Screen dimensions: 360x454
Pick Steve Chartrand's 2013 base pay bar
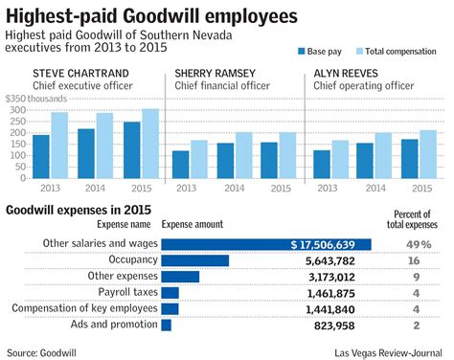41,157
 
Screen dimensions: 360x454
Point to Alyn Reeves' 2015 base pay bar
382,159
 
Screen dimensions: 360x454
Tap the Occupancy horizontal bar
194,260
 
